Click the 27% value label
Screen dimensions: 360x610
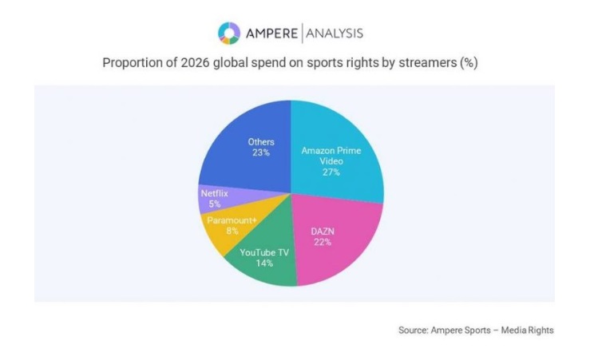[331, 172]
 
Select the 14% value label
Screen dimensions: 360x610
[263, 262]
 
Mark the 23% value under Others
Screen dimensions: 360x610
[260, 152]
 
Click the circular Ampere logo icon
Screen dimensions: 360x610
[228, 34]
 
